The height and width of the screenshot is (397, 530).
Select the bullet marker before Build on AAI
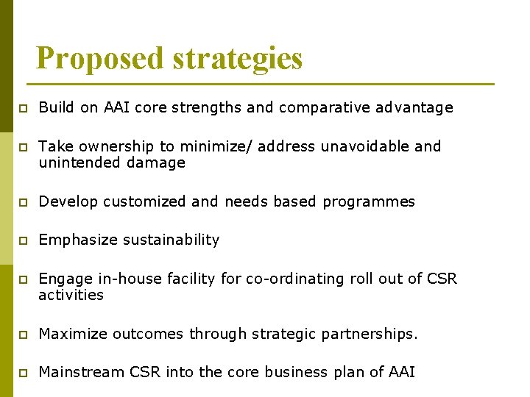(x=23, y=109)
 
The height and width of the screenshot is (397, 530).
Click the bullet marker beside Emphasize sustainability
(x=23, y=241)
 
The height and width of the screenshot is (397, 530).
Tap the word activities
(x=71, y=295)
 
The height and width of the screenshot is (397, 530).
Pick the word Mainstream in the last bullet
(x=81, y=372)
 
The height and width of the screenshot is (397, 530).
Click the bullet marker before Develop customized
(x=23, y=202)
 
